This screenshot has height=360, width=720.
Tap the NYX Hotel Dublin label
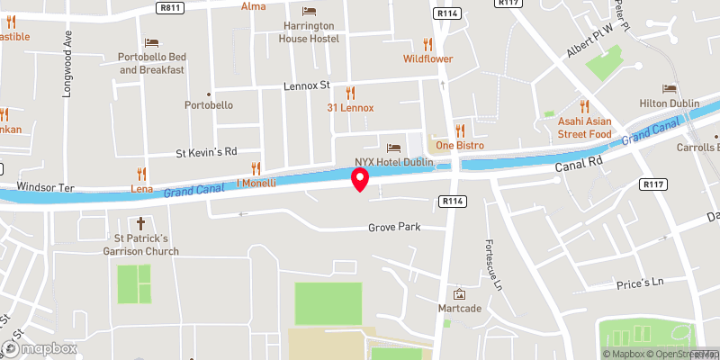click(394, 161)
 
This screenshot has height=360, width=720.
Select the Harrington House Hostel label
click(309, 32)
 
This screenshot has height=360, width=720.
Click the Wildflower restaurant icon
click(427, 43)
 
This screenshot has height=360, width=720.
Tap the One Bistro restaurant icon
click(460, 130)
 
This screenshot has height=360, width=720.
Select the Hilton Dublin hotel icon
click(669, 88)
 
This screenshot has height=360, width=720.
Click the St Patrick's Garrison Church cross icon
click(139, 222)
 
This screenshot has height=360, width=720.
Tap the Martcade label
click(459, 310)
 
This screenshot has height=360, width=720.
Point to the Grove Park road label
click(394, 228)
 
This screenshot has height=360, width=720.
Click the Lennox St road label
click(308, 86)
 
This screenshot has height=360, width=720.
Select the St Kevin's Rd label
click(206, 151)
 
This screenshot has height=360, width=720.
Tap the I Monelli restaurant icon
click(256, 167)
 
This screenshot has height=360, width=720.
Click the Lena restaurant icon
click(140, 173)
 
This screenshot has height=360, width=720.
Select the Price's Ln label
click(639, 283)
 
